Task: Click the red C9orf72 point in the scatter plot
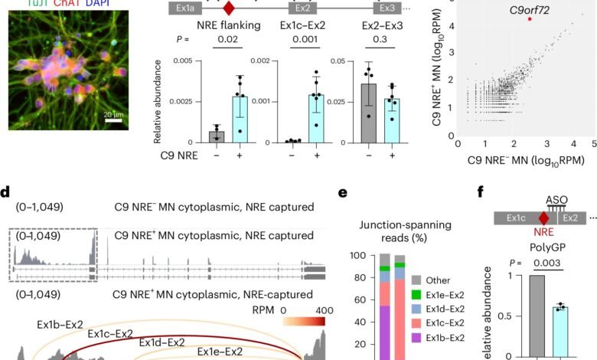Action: coord(530,19)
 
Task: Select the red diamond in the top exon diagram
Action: coord(227,9)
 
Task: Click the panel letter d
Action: coord(5,192)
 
